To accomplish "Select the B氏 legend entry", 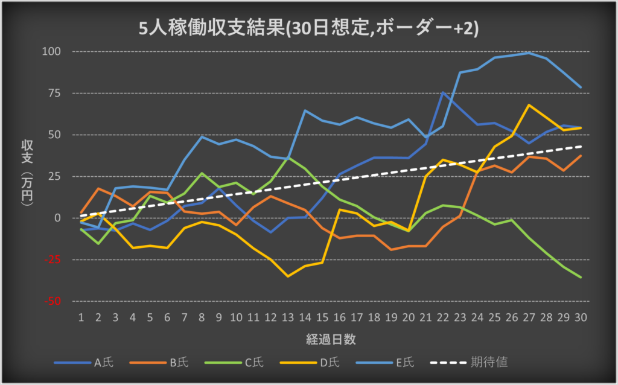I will click(178, 362).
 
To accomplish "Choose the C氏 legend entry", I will click(253, 362).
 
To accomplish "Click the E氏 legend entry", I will click(406, 362).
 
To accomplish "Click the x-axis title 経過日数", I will click(330, 339).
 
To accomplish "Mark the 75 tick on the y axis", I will click(55, 93).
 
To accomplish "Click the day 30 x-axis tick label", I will click(581, 317).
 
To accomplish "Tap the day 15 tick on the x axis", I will click(322, 317).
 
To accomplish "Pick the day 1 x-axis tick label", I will click(81, 317).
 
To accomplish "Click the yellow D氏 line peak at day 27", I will click(529, 105).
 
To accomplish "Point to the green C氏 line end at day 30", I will click(581, 278).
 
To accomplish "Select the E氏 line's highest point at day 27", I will click(529, 52).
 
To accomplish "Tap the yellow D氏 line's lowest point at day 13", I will click(288, 276).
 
